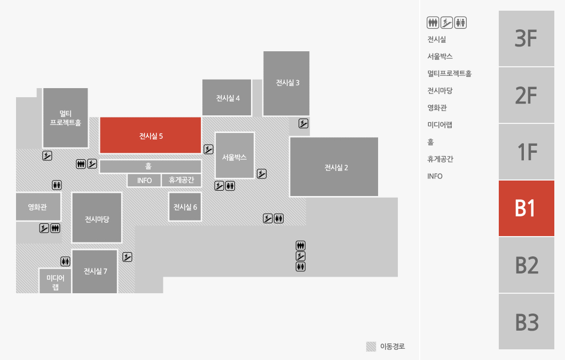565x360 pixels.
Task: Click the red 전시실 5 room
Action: [x=150, y=135]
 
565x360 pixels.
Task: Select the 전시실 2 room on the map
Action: [x=334, y=167]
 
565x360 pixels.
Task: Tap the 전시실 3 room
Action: [x=286, y=83]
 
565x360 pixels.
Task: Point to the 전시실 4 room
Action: [x=226, y=97]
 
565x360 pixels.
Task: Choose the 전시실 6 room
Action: [x=185, y=207]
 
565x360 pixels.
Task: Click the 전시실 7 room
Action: [x=95, y=271]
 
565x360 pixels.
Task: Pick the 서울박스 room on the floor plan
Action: [x=234, y=155]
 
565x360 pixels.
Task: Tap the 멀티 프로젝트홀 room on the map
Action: [x=66, y=118]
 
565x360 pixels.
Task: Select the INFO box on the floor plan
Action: [x=144, y=180]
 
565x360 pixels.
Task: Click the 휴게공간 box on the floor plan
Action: [x=181, y=180]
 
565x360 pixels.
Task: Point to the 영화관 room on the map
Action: [x=38, y=207]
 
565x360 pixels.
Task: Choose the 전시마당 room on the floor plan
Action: [x=97, y=218]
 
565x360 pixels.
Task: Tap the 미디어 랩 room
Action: [x=55, y=281]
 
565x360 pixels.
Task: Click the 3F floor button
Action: [x=527, y=38]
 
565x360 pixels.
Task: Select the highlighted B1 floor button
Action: [x=527, y=208]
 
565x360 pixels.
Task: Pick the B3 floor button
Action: [x=527, y=322]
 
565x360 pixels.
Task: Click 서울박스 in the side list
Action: [x=440, y=57]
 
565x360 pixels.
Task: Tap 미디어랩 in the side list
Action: [x=440, y=125]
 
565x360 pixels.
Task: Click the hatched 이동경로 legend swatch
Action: [x=371, y=346]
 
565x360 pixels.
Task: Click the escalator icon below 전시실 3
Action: [x=303, y=123]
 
